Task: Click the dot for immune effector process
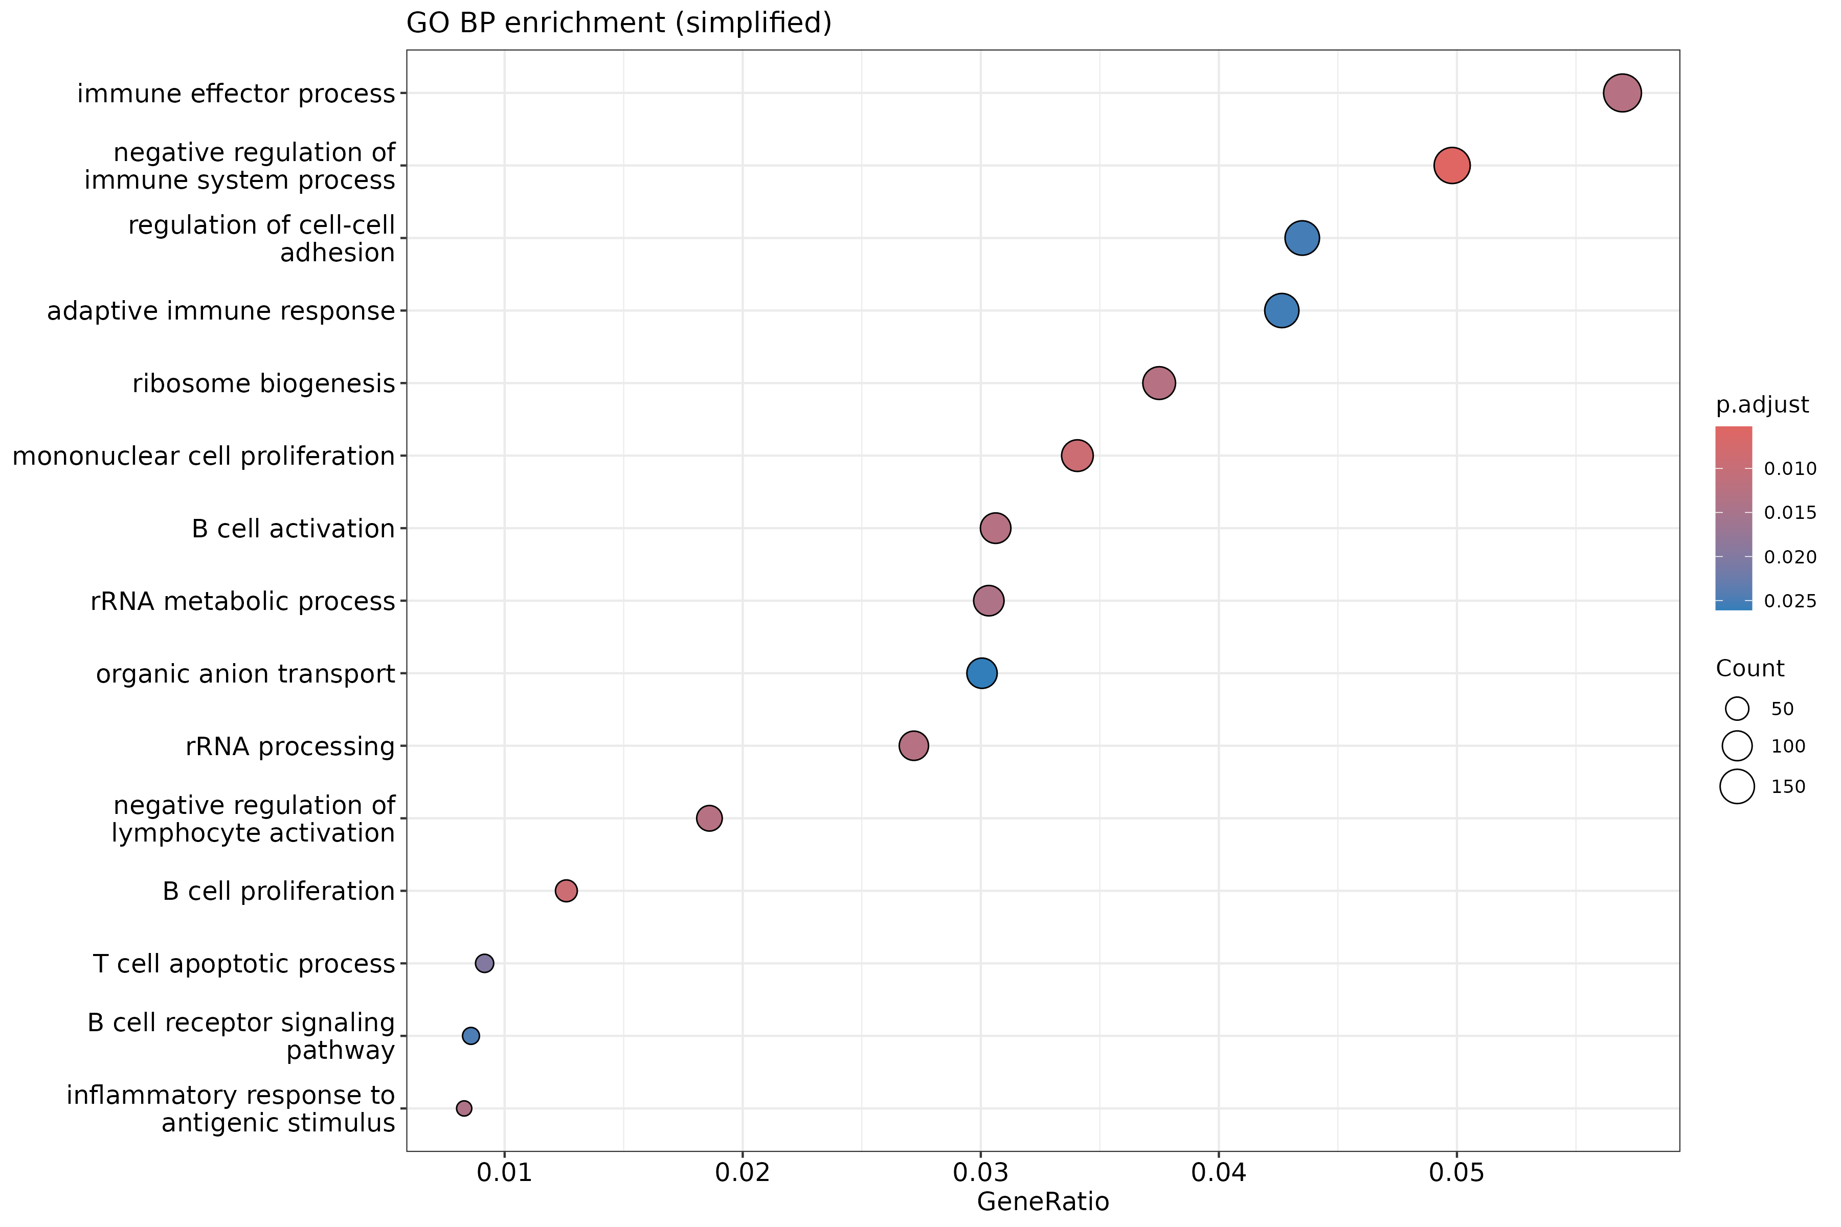click(1622, 93)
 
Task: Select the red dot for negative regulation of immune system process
click(1451, 165)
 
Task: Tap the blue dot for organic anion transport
click(981, 673)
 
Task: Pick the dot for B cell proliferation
click(566, 891)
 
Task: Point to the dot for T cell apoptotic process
click(484, 963)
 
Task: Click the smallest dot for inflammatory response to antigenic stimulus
click(464, 1108)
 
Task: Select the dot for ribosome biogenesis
click(1158, 382)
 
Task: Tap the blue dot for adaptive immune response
click(1282, 311)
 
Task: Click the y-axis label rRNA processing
click(289, 746)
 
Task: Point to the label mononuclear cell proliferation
click(204, 456)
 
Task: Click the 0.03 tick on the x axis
click(981, 1172)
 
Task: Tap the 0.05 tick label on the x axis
click(1456, 1172)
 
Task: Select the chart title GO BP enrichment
click(618, 22)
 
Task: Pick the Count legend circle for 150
click(1737, 786)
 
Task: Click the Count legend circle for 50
click(1737, 709)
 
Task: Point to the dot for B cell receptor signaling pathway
click(470, 1036)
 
